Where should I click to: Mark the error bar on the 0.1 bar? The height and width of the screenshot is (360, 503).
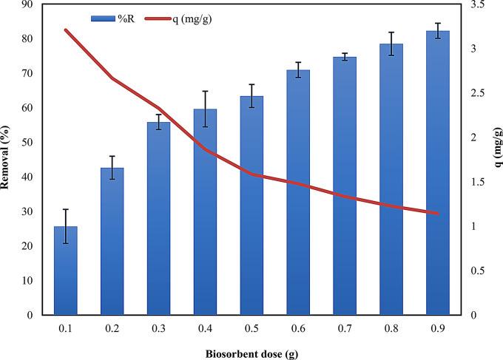[x=66, y=226]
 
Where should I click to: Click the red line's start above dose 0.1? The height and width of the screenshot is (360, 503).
[x=66, y=30]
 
